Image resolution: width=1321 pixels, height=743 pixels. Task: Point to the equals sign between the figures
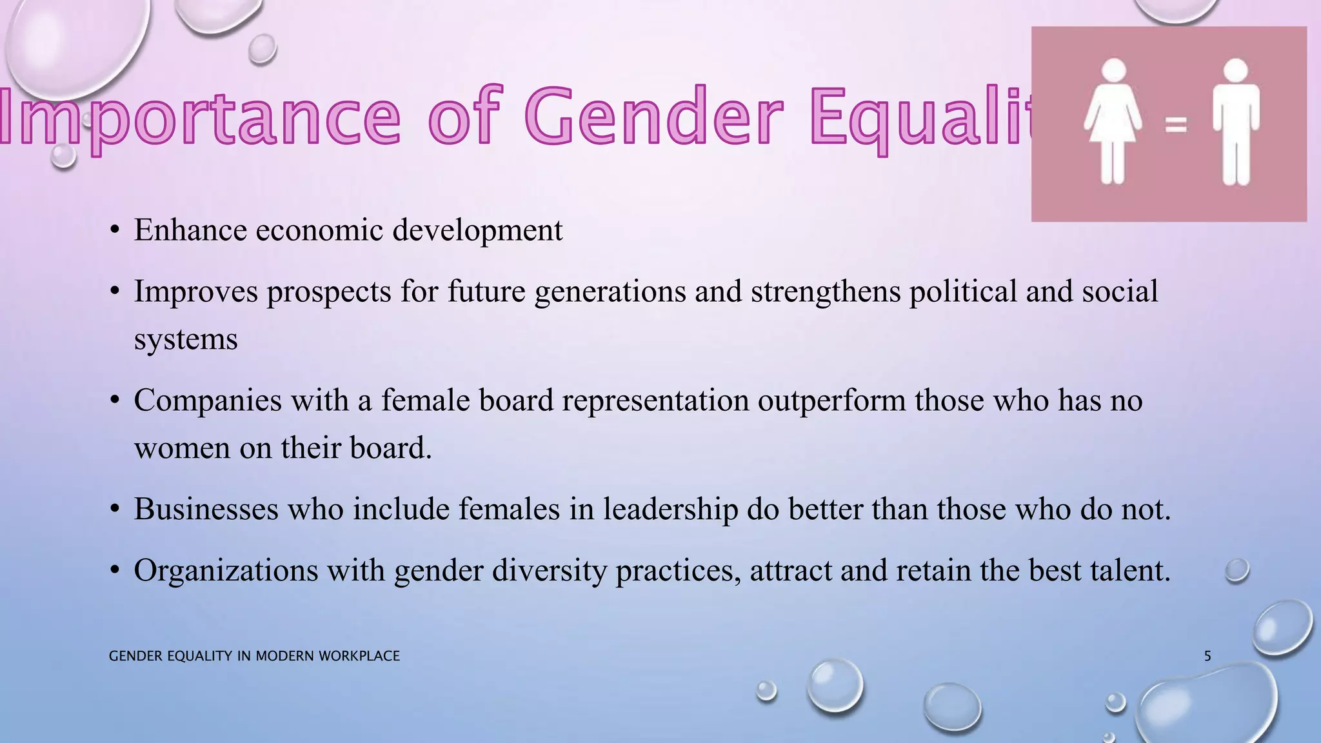(x=1175, y=124)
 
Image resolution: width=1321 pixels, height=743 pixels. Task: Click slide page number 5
(x=1207, y=656)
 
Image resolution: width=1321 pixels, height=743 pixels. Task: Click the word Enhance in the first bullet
(x=190, y=230)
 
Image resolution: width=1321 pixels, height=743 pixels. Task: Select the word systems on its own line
(x=186, y=340)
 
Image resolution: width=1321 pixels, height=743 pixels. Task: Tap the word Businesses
(x=206, y=509)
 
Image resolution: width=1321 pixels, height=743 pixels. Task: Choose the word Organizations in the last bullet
(x=226, y=571)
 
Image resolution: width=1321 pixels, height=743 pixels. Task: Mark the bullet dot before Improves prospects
(x=115, y=292)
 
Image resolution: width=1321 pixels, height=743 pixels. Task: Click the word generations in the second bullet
(x=610, y=292)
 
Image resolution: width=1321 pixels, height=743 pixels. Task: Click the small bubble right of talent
(x=1237, y=571)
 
